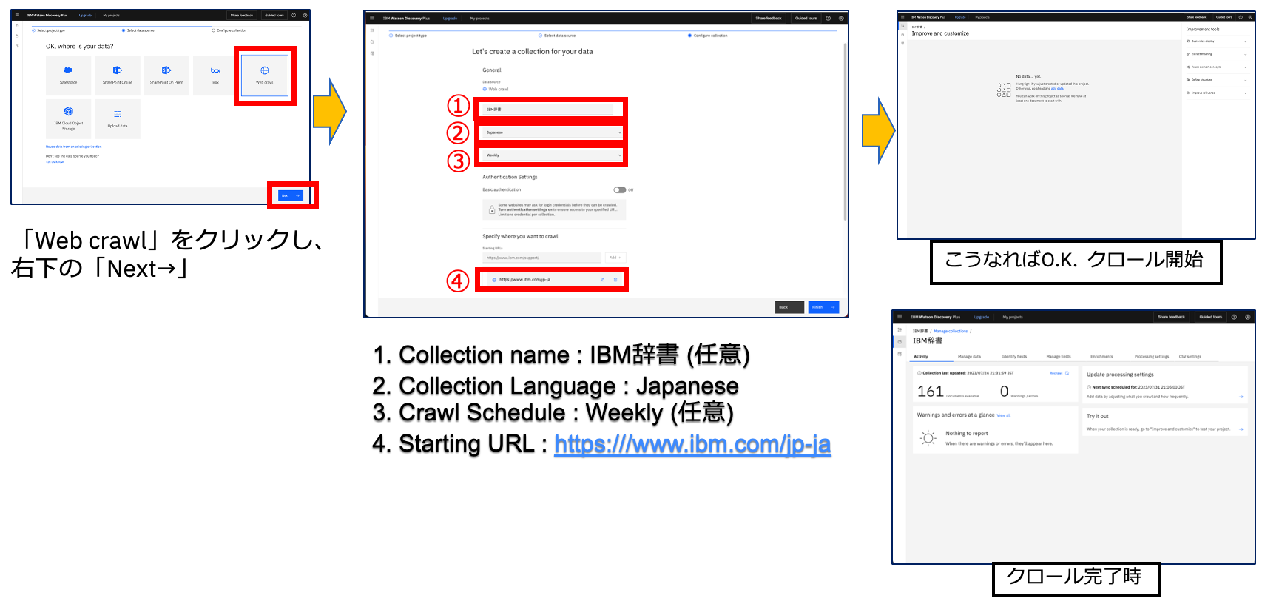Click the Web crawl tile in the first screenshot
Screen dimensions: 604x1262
(265, 75)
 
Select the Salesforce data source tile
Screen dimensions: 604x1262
(68, 75)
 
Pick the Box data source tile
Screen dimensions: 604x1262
(215, 75)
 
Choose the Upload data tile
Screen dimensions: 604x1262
(118, 119)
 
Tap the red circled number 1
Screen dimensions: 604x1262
(459, 106)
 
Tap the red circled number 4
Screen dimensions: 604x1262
(458, 281)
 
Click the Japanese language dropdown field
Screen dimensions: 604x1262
(551, 132)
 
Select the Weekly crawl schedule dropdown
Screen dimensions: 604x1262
(551, 155)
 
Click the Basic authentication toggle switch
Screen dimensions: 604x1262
(619, 190)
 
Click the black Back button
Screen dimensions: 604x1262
(789, 307)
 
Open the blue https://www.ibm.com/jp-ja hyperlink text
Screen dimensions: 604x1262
(692, 444)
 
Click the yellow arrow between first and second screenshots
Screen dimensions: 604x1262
(329, 112)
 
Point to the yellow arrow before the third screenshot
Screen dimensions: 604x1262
(878, 130)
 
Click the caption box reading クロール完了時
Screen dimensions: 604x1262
(1075, 577)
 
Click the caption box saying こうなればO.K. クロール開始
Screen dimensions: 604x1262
(1075, 261)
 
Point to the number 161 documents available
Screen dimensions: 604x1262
(931, 392)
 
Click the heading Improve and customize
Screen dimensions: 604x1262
(940, 33)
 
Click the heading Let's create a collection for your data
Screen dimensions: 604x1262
(532, 52)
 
